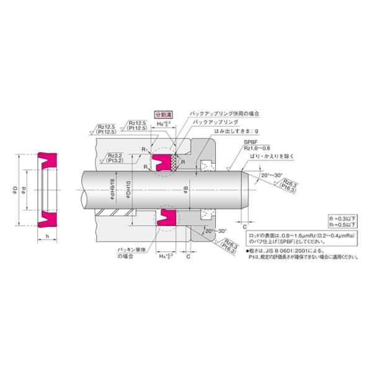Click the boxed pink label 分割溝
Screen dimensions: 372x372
[x=163, y=115]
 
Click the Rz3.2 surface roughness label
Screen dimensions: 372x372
[x=115, y=157]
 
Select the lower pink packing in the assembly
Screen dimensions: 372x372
[x=166, y=218]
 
